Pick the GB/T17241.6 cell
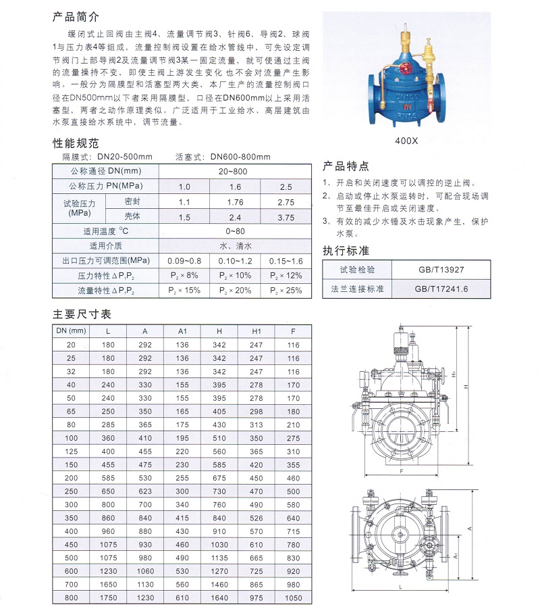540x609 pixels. tap(441, 289)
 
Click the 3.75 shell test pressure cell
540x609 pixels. tap(286, 217)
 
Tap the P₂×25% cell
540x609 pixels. tap(286, 290)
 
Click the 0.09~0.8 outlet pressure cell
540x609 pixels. tap(184, 261)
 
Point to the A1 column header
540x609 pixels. tap(182, 331)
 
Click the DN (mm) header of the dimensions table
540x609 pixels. tap(71, 331)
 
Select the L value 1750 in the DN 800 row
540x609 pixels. tap(109, 598)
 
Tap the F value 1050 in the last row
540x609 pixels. tap(292, 598)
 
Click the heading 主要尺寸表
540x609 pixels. tap(82, 314)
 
